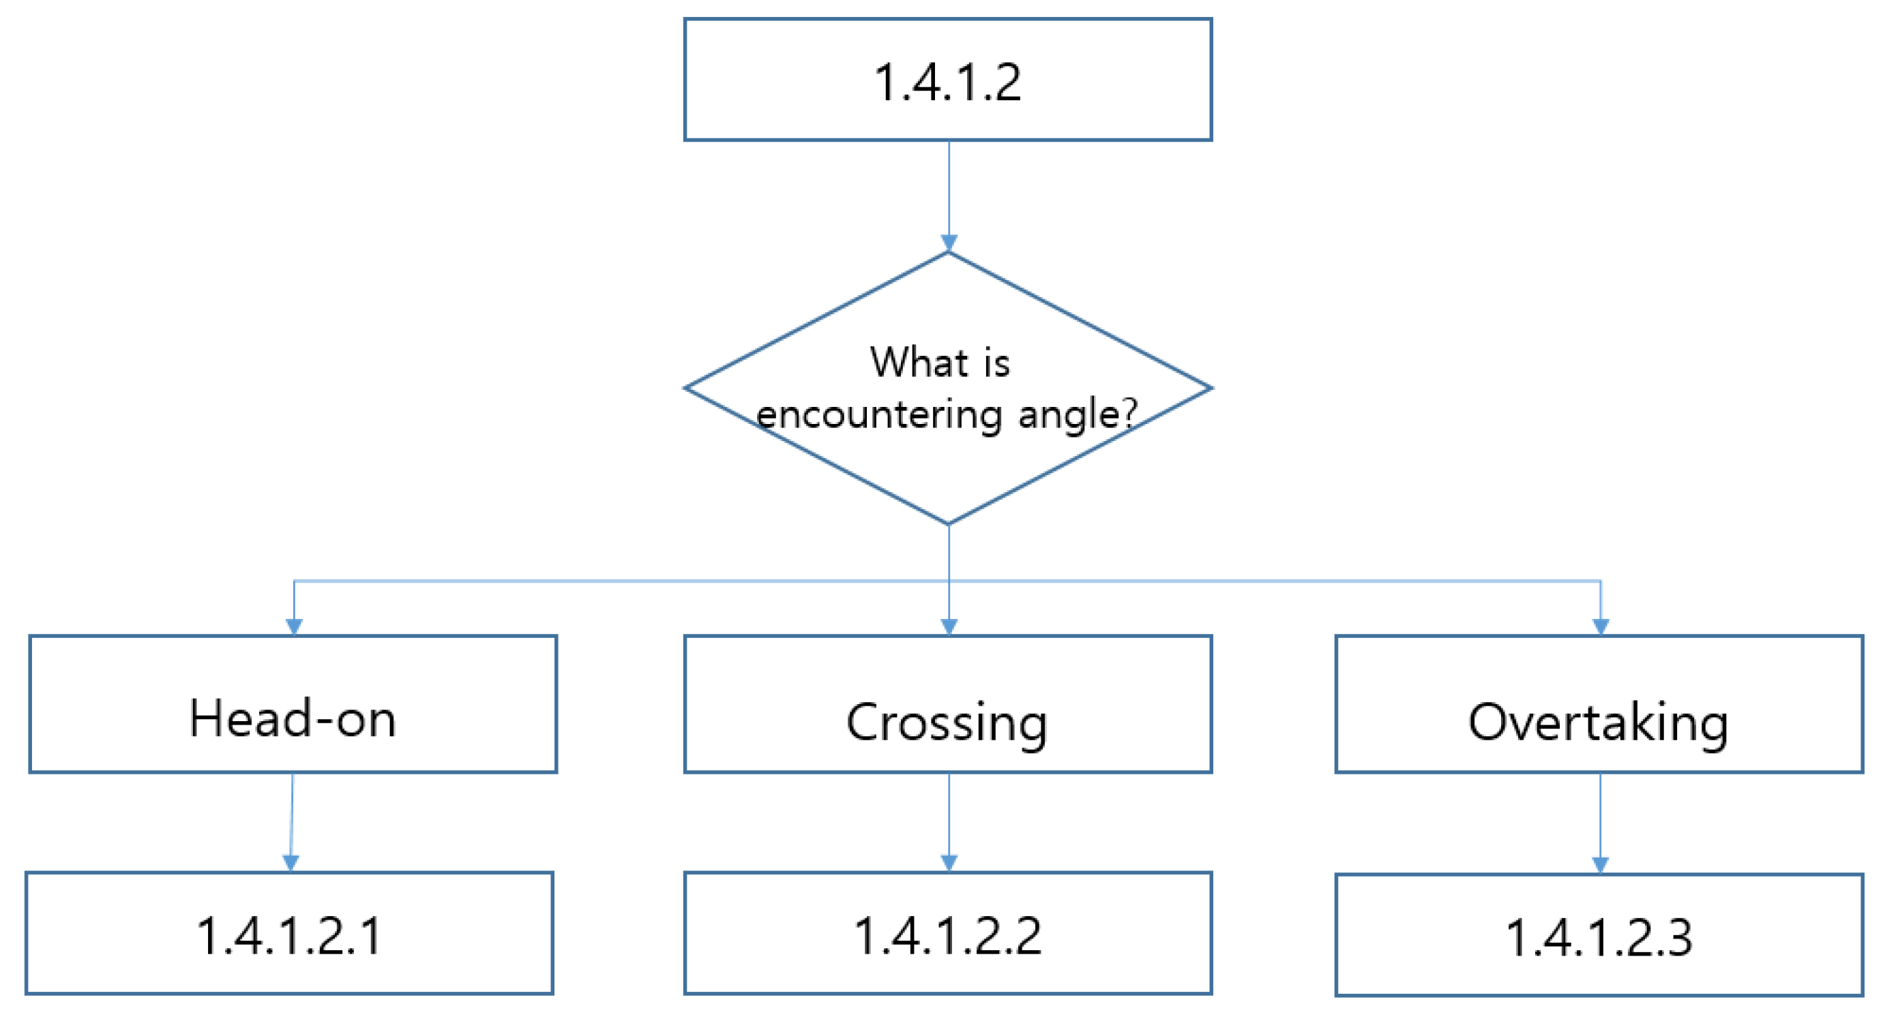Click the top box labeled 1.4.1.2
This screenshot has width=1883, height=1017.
point(947,80)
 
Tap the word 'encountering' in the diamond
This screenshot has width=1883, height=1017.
point(878,414)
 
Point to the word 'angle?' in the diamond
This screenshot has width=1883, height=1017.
point(1078,414)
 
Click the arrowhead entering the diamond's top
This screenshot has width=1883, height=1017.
point(949,243)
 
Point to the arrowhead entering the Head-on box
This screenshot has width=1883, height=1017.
point(294,627)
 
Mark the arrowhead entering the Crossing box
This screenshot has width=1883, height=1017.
point(949,627)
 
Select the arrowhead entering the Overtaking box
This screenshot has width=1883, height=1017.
point(1601,627)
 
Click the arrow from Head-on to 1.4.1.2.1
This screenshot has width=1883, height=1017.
point(292,818)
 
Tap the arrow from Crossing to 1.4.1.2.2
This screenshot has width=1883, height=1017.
point(949,818)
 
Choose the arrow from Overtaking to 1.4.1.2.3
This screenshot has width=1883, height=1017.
point(1600,818)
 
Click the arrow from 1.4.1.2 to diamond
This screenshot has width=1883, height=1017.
point(949,190)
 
